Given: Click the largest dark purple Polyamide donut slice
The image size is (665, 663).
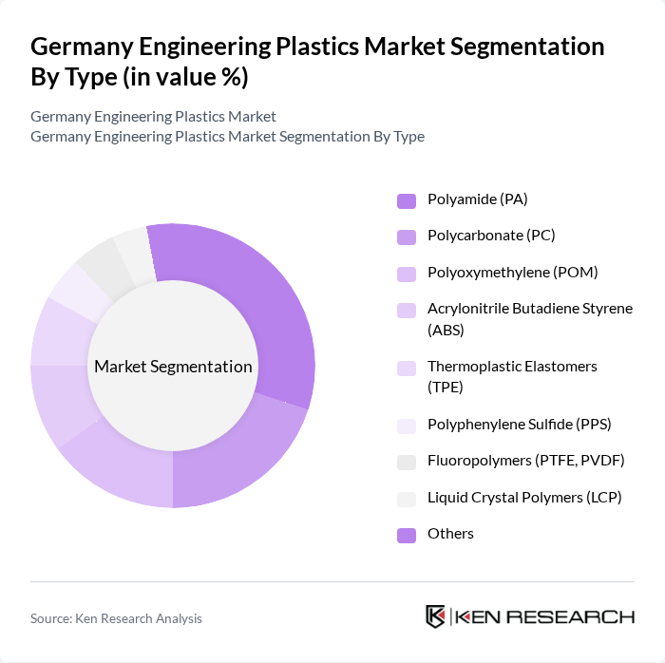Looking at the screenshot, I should point(256,304).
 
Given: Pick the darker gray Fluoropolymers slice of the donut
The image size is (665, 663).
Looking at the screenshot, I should point(99,266).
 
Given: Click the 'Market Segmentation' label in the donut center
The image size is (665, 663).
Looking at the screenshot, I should point(173,367).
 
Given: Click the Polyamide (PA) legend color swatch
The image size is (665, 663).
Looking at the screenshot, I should point(407,200).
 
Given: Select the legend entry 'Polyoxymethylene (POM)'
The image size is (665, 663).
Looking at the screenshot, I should point(499,273).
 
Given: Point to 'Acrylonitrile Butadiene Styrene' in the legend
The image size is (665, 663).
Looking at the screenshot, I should point(529,309).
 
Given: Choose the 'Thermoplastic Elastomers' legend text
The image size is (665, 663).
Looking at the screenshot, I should point(512,367).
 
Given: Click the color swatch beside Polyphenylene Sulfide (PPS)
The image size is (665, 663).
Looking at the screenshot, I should point(407,426).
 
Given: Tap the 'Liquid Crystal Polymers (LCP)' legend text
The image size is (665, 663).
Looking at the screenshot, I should point(523,497).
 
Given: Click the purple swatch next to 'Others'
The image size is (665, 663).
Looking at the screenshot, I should point(407,534).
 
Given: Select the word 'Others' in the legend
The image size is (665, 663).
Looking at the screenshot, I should point(450,534).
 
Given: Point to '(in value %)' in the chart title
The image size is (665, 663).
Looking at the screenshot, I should point(184,78).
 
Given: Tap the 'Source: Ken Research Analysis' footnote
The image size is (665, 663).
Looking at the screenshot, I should point(116,618).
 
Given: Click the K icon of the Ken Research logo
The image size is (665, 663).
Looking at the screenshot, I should point(436,616).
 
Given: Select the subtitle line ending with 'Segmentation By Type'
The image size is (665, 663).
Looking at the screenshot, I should point(227,137).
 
